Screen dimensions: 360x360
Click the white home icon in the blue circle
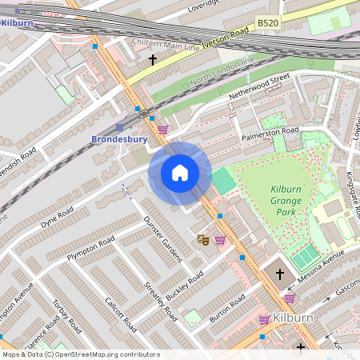(180, 172)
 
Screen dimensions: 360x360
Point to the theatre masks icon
(203, 238)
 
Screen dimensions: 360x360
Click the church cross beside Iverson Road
(152, 60)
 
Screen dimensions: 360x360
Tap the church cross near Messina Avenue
(280, 274)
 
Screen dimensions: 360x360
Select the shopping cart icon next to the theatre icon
(220, 239)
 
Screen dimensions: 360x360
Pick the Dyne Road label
(58, 215)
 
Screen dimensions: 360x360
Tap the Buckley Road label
(186, 286)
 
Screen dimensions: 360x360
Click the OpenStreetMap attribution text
(80, 354)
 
